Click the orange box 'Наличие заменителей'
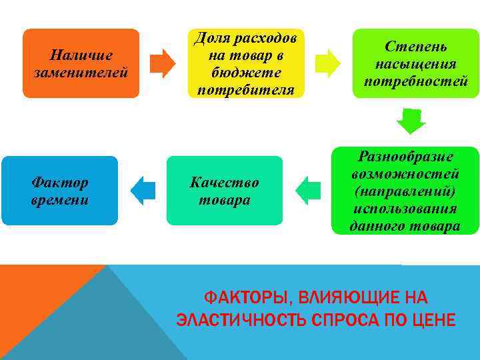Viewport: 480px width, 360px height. tap(81, 63)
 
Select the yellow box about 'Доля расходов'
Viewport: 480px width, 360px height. tap(245, 63)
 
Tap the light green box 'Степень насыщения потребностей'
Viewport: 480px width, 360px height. tap(415, 63)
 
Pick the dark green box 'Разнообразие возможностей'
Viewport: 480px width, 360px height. tap(405, 191)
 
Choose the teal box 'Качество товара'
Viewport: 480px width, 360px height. tap(224, 191)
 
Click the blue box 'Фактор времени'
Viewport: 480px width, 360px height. tap(59, 191)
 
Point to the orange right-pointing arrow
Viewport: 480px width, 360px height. tap(163, 63)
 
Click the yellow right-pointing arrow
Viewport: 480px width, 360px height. tap(328, 63)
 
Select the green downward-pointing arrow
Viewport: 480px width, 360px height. tap(411, 121)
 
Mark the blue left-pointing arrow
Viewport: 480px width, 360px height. tap(143, 191)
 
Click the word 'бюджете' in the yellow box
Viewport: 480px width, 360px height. tap(245, 72)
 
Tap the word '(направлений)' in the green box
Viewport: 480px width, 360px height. tap(405, 191)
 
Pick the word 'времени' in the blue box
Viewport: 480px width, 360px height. tap(59, 200)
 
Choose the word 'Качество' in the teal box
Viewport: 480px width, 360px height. tap(224, 182)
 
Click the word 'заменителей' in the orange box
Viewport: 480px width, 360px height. tap(81, 72)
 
